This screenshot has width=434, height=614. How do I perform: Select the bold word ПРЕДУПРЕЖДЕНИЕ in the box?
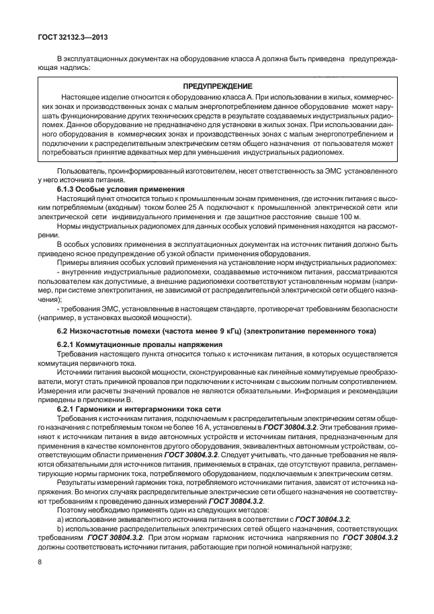pyautogui.click(x=217, y=87)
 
